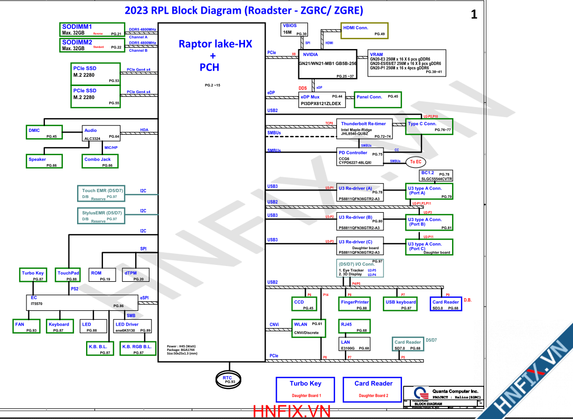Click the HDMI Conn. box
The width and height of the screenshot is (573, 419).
coord(365,30)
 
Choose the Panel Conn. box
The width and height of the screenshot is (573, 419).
coord(377,99)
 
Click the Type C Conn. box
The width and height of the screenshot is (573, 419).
coord(429,126)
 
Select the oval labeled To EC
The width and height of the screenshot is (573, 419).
coord(416,162)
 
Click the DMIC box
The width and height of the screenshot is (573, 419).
coord(44,132)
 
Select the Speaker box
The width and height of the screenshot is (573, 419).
coord(44,161)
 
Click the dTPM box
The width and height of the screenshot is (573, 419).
coord(135,275)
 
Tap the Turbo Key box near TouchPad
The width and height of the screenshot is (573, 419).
coord(34,275)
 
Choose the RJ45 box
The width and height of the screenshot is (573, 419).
coord(354,327)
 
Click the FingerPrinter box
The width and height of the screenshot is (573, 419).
coord(354,304)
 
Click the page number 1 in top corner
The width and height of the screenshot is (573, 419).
coord(474,15)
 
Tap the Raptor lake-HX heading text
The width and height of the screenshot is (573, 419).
coord(215,44)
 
